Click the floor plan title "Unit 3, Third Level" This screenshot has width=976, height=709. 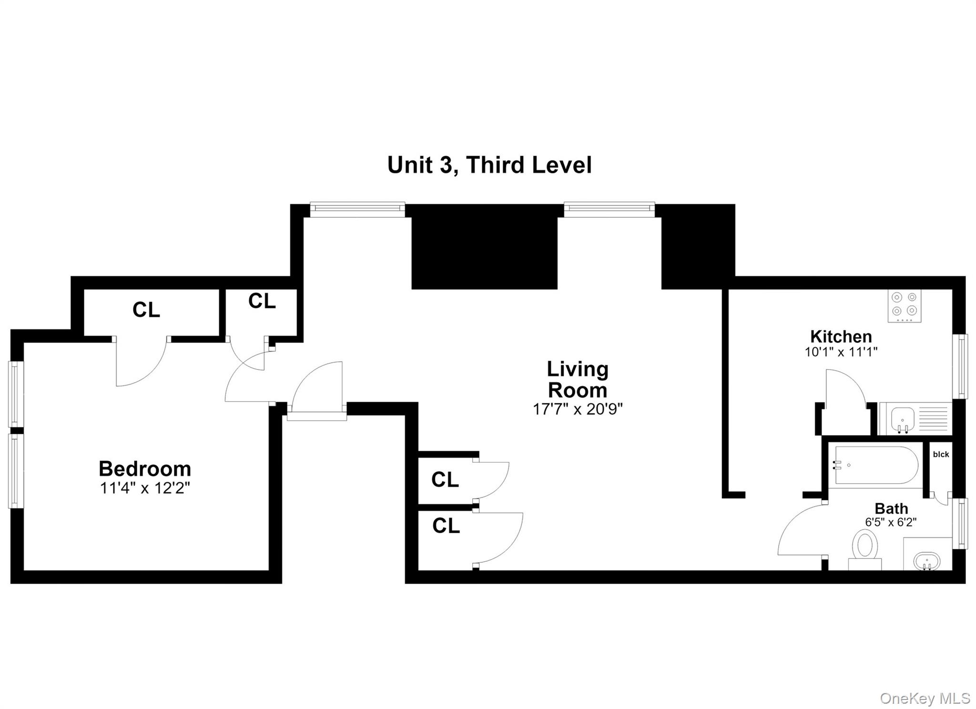click(489, 165)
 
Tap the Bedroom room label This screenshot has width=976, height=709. click(145, 469)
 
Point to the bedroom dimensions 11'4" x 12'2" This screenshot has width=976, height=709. click(145, 488)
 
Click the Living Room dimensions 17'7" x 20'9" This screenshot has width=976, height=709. click(578, 409)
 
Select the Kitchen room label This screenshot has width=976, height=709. click(841, 336)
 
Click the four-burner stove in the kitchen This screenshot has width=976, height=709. click(904, 305)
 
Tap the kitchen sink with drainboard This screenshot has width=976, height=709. click(915, 419)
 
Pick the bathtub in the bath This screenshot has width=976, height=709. click(876, 465)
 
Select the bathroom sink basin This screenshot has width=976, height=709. click(926, 560)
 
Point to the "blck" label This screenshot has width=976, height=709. click(941, 455)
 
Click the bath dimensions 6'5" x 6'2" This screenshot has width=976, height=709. click(891, 522)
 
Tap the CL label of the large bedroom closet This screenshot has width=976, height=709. click(146, 310)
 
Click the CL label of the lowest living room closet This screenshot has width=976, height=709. click(446, 526)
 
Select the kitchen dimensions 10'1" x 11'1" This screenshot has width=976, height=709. click(841, 352)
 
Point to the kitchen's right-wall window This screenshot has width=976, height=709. click(959, 366)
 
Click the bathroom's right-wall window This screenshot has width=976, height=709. click(959, 523)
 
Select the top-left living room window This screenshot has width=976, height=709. click(357, 210)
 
